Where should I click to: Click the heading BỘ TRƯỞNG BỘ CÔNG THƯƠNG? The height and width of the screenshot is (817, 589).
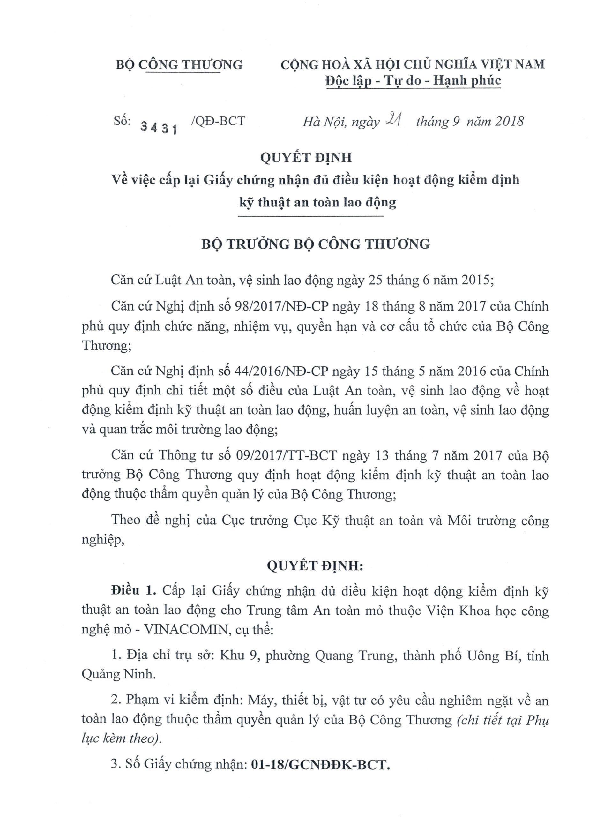point(315,244)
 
